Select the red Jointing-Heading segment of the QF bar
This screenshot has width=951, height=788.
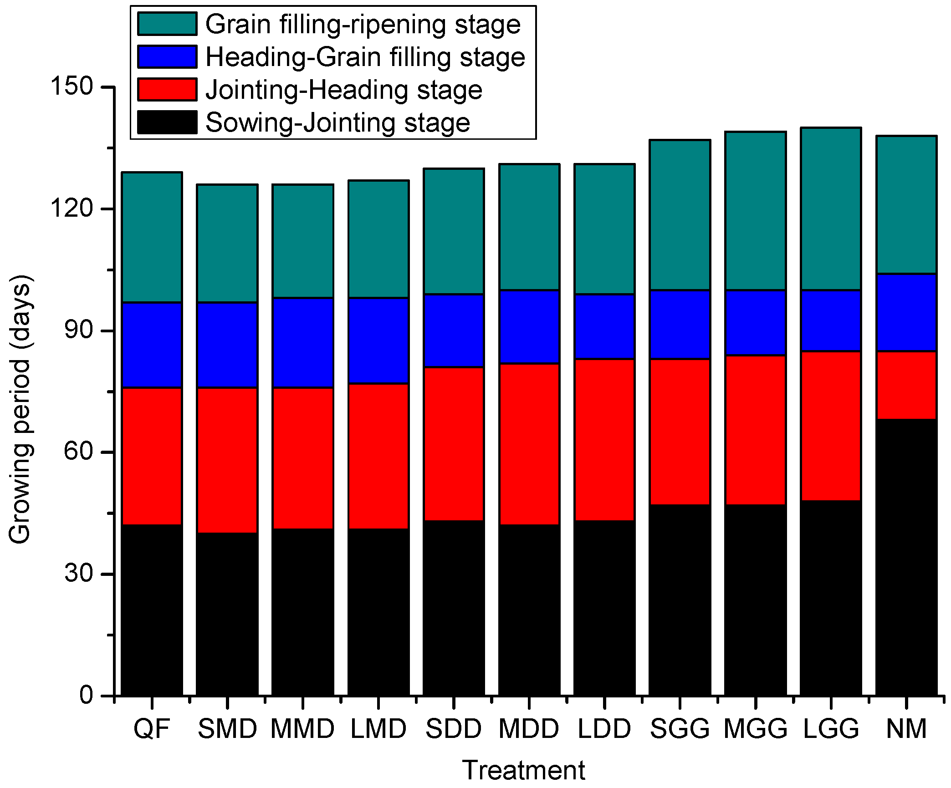(x=152, y=456)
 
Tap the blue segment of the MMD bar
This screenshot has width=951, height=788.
(x=302, y=343)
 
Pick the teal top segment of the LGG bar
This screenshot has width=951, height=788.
(x=831, y=209)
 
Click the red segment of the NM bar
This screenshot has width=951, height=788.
(x=906, y=385)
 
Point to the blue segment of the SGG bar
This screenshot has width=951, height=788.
(x=680, y=324)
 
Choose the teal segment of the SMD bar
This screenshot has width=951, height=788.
(x=227, y=243)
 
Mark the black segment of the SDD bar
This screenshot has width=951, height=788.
(x=454, y=608)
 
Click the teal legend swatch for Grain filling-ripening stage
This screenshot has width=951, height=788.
(x=167, y=24)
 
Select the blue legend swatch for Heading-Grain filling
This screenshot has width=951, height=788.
(x=167, y=57)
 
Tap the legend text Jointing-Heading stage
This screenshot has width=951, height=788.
(x=344, y=90)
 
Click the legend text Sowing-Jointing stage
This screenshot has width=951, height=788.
(x=337, y=122)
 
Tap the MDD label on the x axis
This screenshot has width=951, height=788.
(x=529, y=729)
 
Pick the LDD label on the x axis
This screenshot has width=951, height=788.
(x=604, y=729)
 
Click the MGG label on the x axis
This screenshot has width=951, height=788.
(x=755, y=729)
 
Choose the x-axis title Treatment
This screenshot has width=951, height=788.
(x=523, y=770)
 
